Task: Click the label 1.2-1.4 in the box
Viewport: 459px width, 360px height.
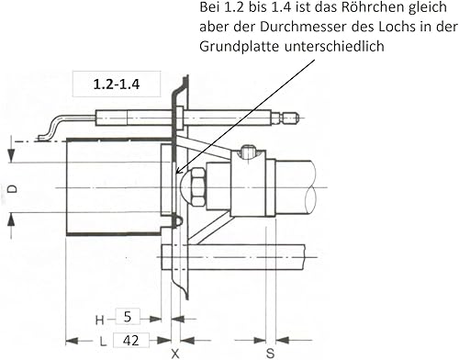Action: click(117, 84)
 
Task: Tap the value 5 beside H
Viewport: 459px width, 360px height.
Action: click(128, 317)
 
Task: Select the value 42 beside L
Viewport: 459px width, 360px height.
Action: click(131, 341)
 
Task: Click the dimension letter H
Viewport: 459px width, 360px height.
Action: click(100, 321)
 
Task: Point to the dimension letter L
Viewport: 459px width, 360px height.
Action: click(103, 342)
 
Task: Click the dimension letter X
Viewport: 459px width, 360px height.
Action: click(175, 354)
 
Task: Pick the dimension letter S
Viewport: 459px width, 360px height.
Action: click(270, 354)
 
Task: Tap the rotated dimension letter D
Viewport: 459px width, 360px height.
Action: click(13, 189)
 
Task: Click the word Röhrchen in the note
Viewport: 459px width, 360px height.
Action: click(367, 7)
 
